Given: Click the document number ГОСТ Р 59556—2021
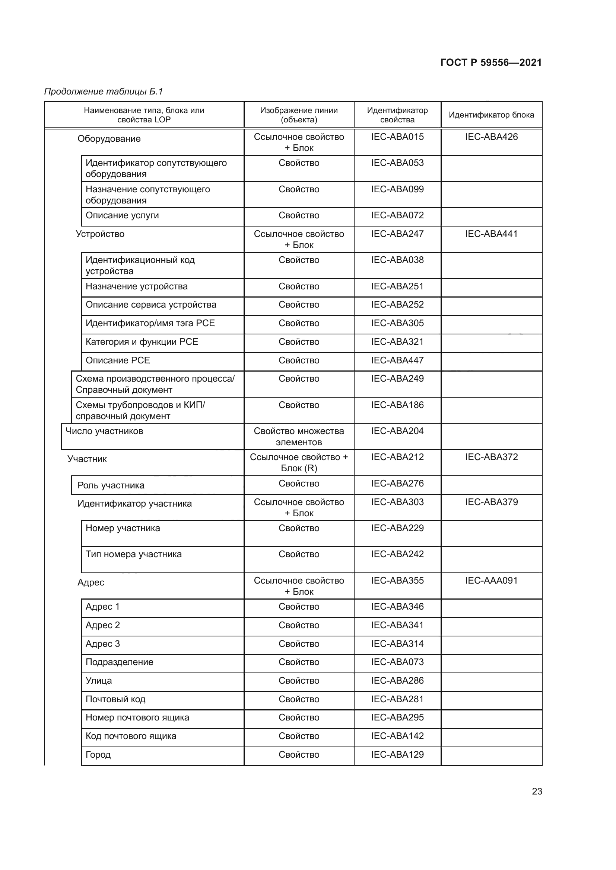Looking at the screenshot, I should pos(491,62).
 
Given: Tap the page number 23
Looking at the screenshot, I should pos(537,791).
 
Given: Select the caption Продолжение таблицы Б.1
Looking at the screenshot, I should pos(104,92).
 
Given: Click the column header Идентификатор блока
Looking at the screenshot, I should pos(491,115).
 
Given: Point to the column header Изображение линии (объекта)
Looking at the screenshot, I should pos(299,115).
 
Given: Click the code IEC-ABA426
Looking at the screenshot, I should pos(491,137).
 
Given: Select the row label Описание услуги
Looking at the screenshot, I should pos(122,215).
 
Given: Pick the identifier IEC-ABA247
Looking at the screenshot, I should pos(397,234).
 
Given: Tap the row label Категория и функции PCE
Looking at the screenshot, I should pos(142,342).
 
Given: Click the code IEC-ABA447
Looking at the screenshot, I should pos(397,360).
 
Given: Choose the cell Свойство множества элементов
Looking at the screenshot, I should pos(299,437).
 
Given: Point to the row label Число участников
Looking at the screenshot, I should pos(104,431).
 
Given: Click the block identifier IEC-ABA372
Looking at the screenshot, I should pos(491,457).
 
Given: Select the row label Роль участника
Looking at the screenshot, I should pos(111,485).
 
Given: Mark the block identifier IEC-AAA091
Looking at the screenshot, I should pos(491,581).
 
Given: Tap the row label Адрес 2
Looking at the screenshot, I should pos(103,625).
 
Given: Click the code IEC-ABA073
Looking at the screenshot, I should pos(397,662).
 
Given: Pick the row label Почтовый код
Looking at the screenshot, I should pos(115,699).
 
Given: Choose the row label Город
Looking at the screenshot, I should pos(98,754).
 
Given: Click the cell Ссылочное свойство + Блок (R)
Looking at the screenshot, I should pos(299,463).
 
